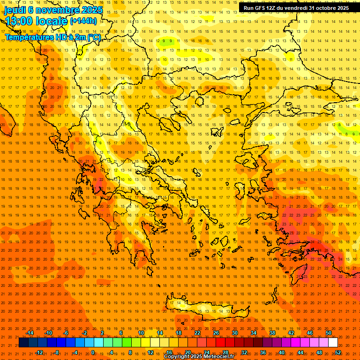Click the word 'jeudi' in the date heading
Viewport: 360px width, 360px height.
15,10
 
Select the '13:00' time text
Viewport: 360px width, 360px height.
19,21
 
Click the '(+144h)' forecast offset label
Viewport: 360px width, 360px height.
83,21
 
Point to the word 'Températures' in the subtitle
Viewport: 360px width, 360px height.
29,37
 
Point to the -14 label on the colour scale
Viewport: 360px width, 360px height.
30,333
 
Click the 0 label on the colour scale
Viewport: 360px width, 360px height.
93,352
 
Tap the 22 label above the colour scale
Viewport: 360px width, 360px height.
197,333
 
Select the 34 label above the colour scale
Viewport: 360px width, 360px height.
254,333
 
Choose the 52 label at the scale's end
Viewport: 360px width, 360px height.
338,352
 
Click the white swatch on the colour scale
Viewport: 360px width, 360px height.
333,343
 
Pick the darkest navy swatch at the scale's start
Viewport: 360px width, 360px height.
23,343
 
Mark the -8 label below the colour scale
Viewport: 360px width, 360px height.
57,352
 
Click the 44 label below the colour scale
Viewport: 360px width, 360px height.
300,352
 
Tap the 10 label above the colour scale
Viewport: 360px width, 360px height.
141,333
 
